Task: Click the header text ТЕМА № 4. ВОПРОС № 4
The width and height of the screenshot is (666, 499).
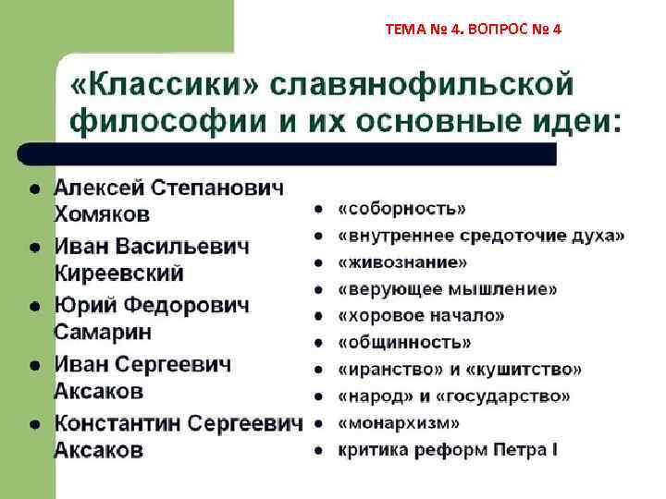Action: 473,29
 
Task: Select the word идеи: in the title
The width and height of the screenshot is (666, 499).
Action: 568,121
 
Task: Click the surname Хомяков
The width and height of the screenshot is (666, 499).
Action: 102,214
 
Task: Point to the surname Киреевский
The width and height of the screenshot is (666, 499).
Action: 119,274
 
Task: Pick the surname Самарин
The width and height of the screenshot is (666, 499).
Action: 103,332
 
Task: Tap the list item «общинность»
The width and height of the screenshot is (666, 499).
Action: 405,343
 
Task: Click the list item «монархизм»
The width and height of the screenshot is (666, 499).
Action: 400,424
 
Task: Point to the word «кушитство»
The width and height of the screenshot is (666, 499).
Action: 523,370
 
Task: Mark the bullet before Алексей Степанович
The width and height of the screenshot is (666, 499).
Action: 34,189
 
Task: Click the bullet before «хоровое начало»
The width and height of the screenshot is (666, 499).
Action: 317,317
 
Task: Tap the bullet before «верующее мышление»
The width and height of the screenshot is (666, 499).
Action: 317,290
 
